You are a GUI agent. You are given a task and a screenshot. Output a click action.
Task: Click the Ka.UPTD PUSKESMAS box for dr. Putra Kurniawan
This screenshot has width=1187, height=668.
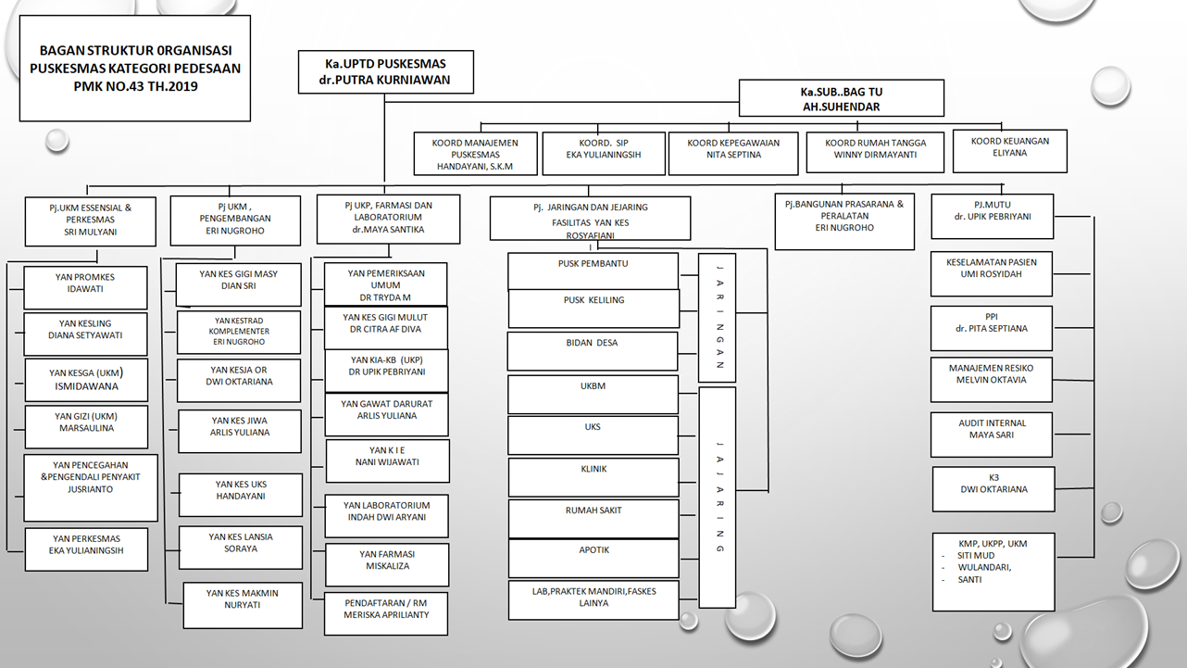(385, 72)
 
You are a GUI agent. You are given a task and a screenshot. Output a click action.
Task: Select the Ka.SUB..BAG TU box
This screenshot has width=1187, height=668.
(841, 98)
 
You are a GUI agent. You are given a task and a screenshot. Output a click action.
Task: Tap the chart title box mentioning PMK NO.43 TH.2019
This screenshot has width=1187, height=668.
(135, 68)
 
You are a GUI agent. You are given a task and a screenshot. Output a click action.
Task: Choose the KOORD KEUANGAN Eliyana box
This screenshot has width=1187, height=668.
(1010, 150)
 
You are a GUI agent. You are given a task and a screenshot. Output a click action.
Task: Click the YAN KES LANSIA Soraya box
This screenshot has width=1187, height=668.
(241, 547)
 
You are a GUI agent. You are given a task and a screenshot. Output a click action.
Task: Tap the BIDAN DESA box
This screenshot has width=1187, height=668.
(593, 350)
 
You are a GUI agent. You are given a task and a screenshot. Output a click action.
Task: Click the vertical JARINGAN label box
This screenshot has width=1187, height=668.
(717, 318)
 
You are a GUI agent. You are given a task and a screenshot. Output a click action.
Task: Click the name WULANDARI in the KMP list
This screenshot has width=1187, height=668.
(984, 567)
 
